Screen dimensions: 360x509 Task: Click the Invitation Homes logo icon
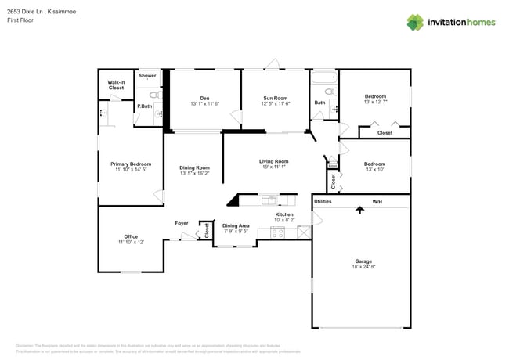415,22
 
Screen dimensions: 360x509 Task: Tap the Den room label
204,98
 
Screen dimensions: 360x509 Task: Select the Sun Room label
276,98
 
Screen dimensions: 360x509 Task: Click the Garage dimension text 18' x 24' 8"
363,267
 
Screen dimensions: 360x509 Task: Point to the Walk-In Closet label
116,85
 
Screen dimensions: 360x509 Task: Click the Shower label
147,76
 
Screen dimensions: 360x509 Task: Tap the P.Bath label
144,106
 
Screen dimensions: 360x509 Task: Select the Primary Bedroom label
130,164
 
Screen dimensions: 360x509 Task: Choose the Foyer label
182,223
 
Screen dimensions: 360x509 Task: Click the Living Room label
274,161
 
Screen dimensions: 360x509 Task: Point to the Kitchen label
284,214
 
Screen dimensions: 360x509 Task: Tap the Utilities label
323,201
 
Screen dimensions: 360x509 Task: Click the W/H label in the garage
377,201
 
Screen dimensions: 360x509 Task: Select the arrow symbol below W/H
359,209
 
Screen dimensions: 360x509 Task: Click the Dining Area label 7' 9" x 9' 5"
236,228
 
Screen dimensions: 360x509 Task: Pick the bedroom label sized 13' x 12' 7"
374,99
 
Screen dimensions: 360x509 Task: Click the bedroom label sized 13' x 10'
374,167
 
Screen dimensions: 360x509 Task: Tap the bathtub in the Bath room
323,79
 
